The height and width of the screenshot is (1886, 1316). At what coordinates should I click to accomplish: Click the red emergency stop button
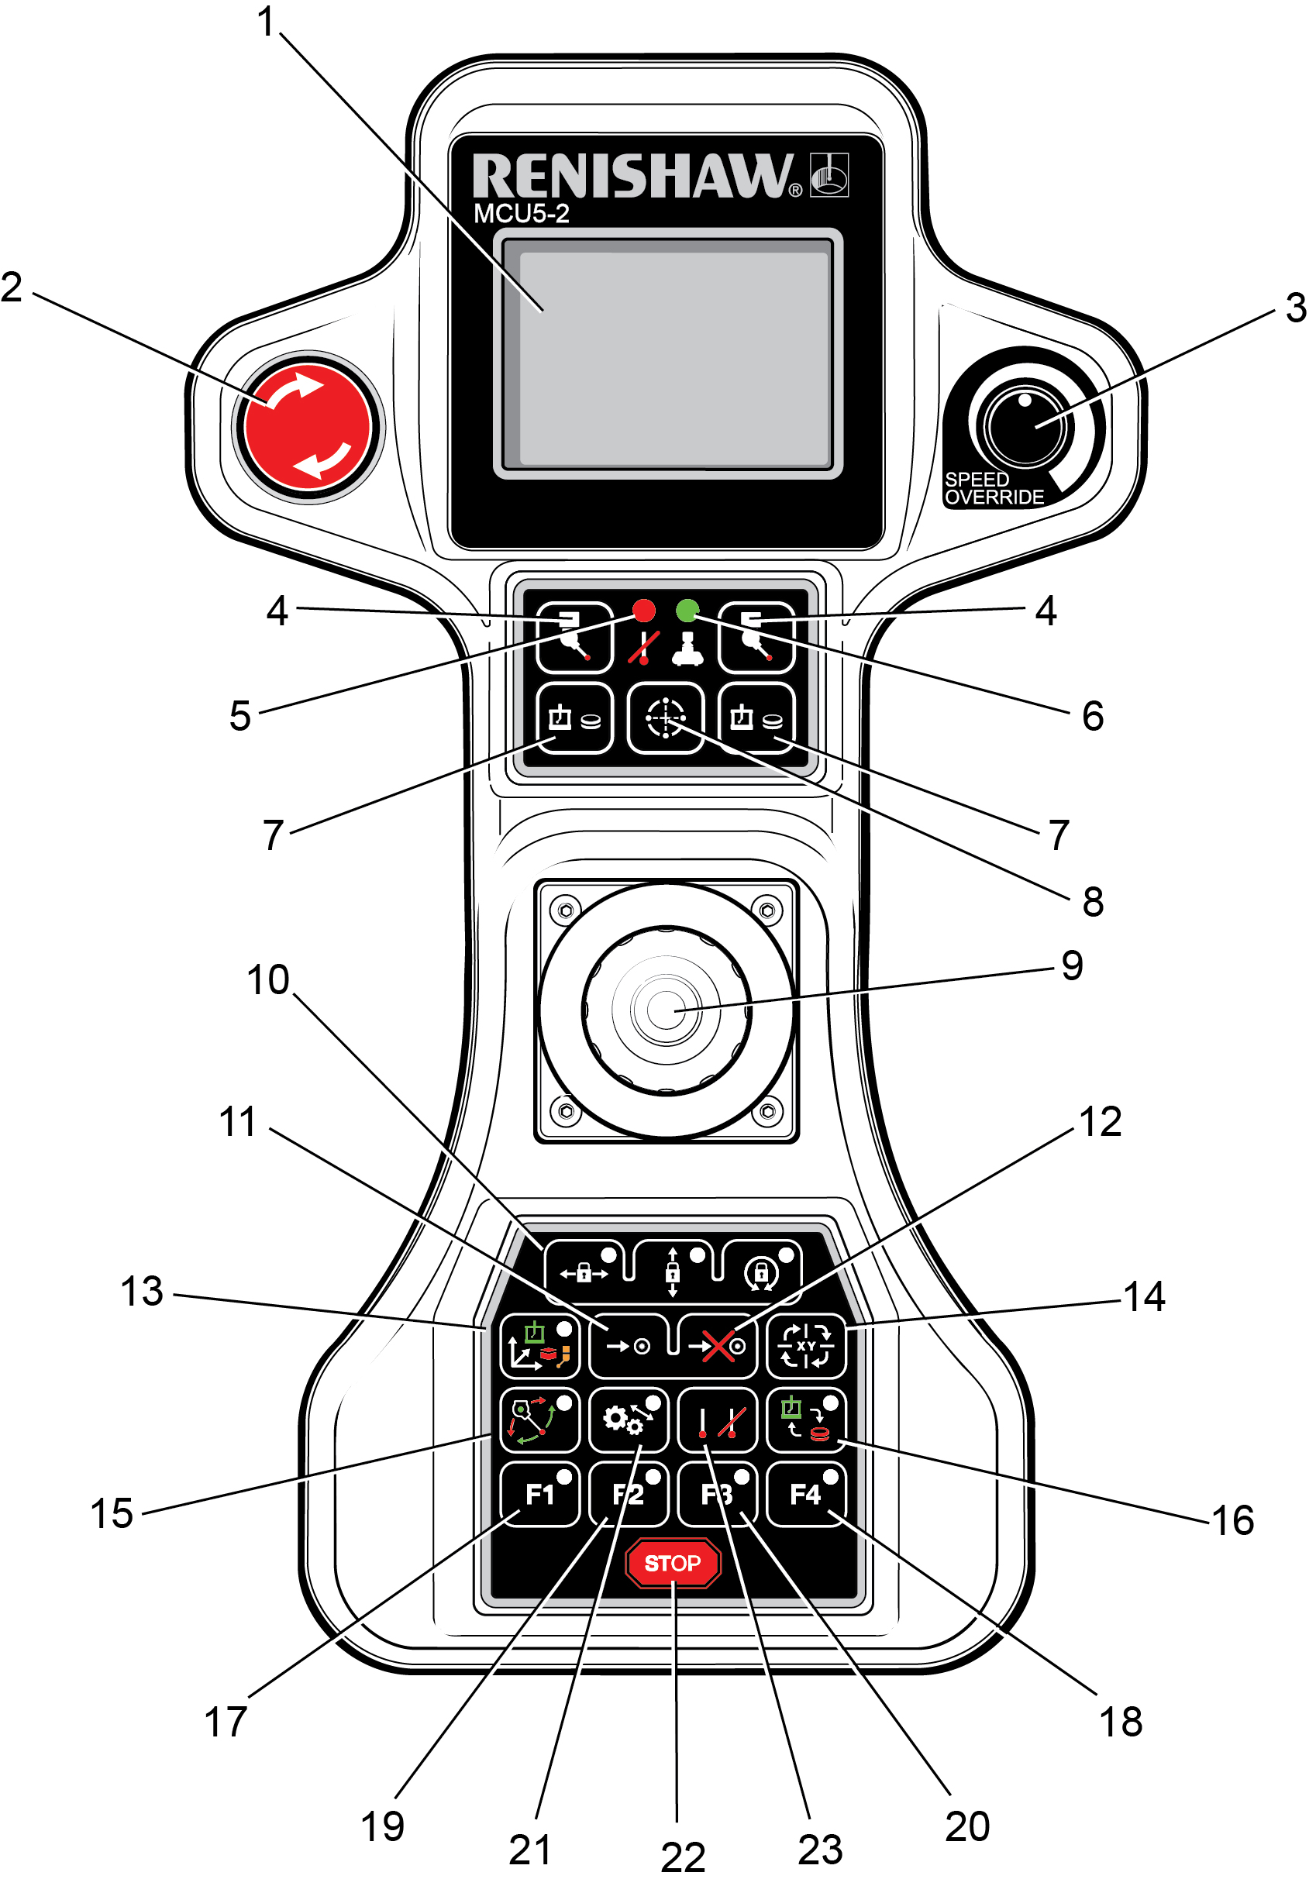(308, 426)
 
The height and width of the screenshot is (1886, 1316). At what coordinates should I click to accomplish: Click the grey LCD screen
(667, 353)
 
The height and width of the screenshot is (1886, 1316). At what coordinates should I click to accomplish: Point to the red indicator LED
(643, 611)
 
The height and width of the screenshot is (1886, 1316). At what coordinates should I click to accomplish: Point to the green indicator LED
(687, 611)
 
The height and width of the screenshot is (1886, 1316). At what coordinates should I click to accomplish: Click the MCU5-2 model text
(521, 215)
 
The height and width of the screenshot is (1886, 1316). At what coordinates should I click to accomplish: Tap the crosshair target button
(666, 719)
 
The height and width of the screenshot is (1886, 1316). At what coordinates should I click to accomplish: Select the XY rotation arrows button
(806, 1345)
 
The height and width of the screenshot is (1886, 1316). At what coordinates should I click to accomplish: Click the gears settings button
(629, 1420)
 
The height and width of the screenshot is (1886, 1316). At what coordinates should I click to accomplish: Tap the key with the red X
(718, 1345)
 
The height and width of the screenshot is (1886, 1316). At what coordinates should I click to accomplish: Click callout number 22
(683, 1857)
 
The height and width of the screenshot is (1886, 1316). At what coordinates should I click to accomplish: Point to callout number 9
(1071, 965)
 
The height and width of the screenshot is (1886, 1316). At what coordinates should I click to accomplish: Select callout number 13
(142, 1291)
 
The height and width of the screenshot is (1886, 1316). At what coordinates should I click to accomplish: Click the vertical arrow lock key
(673, 1272)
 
